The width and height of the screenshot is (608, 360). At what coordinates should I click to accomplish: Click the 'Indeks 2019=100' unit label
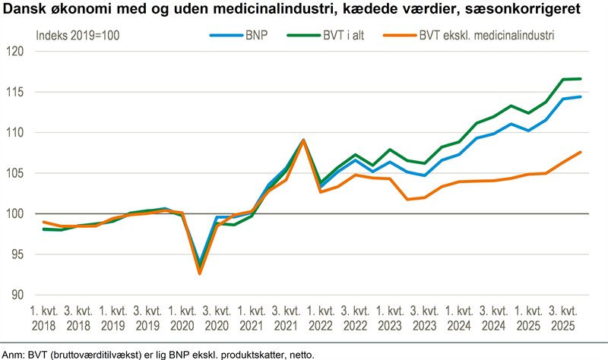point(78,36)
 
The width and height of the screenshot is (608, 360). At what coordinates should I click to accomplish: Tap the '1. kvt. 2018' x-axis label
point(43,318)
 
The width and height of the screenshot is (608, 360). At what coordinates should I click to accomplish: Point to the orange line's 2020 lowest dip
point(199,273)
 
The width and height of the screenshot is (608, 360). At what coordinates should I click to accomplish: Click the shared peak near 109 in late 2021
point(304,140)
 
